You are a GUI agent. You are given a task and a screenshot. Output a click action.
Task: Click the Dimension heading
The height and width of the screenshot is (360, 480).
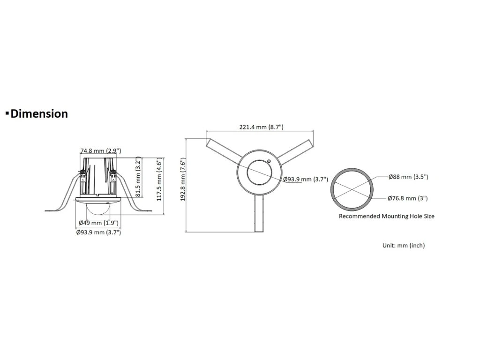click(x=39, y=113)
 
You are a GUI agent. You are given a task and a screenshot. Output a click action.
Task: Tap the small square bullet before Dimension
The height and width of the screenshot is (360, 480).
click(x=7, y=113)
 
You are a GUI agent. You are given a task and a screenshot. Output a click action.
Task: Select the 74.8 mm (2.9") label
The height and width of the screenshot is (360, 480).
click(x=101, y=151)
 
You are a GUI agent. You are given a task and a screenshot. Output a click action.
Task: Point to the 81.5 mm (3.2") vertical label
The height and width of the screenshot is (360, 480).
click(x=138, y=179)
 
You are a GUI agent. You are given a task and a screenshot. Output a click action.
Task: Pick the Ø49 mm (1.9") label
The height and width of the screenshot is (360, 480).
click(x=99, y=223)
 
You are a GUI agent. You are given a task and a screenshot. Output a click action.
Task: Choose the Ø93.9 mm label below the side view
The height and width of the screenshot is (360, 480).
click(x=99, y=232)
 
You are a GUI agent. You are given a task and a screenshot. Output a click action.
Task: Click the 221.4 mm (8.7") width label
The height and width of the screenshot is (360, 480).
click(x=262, y=127)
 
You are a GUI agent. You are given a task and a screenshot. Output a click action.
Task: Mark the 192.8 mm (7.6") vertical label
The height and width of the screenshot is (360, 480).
click(x=184, y=185)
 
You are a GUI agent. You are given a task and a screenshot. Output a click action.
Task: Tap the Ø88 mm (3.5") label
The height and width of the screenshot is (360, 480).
click(x=409, y=177)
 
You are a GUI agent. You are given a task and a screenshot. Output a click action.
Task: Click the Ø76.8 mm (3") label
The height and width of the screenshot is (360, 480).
click(x=407, y=198)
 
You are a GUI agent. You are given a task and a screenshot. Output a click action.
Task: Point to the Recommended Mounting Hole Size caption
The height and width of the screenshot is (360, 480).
click(x=387, y=217)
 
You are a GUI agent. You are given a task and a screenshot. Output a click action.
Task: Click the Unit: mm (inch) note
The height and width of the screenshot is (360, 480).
click(x=404, y=245)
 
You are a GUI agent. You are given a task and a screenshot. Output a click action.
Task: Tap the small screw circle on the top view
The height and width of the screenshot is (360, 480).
click(x=269, y=162)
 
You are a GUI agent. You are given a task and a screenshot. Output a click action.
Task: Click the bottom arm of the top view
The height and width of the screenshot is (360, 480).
click(x=259, y=213)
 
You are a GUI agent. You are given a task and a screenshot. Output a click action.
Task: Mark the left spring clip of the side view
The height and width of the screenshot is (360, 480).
click(x=66, y=197)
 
